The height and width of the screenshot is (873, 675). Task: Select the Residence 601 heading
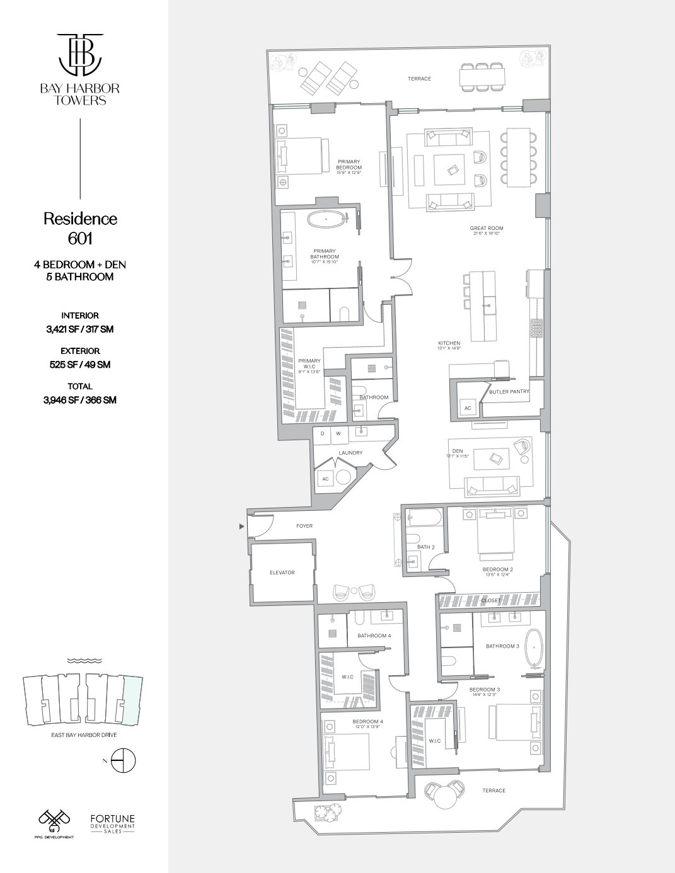click(80, 228)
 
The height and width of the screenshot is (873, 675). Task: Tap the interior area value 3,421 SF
click(80, 329)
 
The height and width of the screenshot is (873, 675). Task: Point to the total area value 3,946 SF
click(80, 399)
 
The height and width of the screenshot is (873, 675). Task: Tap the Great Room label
click(487, 229)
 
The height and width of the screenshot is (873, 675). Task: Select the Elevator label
click(282, 573)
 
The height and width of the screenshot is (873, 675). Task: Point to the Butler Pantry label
click(509, 391)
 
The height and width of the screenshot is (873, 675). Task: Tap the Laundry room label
click(350, 452)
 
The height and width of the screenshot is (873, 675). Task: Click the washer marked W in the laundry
click(338, 433)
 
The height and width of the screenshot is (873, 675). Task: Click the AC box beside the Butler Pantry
click(468, 409)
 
